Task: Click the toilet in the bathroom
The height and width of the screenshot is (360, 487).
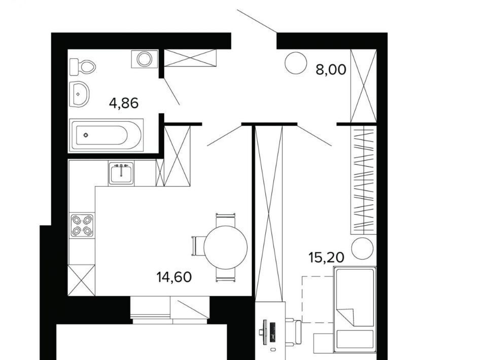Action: point(82,67)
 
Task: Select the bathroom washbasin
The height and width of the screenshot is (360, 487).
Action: point(79,94)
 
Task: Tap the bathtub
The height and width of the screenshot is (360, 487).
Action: point(106,135)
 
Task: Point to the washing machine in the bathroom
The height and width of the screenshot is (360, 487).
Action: point(145,59)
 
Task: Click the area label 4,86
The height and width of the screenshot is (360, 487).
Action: point(124,103)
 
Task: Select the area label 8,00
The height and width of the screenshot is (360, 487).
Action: point(331,69)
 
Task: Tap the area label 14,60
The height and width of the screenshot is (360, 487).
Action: point(174,277)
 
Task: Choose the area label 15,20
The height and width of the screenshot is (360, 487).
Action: point(326,257)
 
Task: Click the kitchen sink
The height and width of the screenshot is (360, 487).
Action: point(121,173)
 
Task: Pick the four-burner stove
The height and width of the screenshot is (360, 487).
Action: point(82,225)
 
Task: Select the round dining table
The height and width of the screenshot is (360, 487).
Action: point(225,247)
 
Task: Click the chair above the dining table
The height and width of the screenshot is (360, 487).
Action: point(225,220)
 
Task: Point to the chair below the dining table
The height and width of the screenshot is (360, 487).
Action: point(225,275)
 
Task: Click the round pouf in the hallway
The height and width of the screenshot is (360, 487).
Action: point(296,63)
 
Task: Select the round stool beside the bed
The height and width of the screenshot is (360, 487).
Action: point(362,248)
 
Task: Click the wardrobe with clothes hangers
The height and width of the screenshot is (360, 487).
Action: point(363,179)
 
